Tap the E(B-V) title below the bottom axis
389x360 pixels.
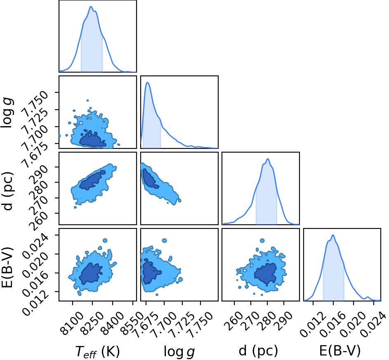[x=339, y=351]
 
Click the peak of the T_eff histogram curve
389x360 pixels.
[x=91, y=7]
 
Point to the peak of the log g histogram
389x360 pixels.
[x=147, y=82]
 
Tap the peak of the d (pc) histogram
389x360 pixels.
[x=268, y=159]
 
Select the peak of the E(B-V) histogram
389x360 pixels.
[x=333, y=235]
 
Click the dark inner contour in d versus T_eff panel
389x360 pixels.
[x=92, y=180]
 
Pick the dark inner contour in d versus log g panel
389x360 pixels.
[x=149, y=179]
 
